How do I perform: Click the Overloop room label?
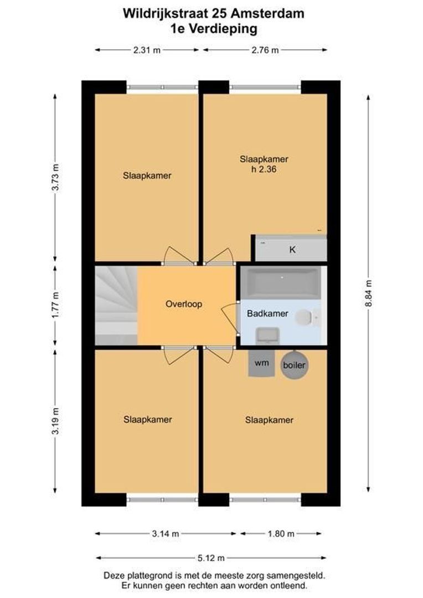184,304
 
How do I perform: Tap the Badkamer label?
267,313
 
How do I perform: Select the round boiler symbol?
294,365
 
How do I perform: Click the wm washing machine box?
261,363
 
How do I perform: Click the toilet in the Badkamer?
305,317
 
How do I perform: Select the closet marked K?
291,249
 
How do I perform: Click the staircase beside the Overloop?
116,305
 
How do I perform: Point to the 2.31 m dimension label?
147,50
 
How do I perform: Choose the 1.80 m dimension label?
280,534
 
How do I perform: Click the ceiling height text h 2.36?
264,170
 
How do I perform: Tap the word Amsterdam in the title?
272,14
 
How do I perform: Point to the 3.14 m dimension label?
166,534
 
